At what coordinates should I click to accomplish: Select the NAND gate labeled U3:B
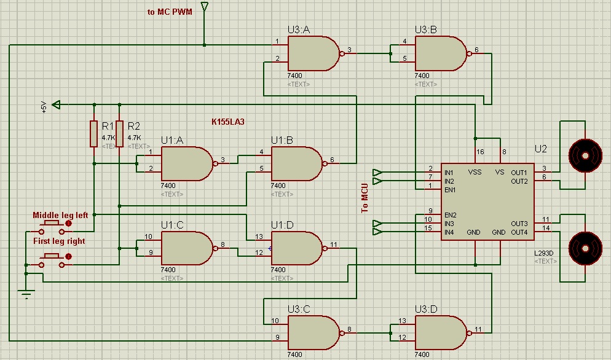click(440, 53)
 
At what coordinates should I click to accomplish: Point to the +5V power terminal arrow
click(57, 104)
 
